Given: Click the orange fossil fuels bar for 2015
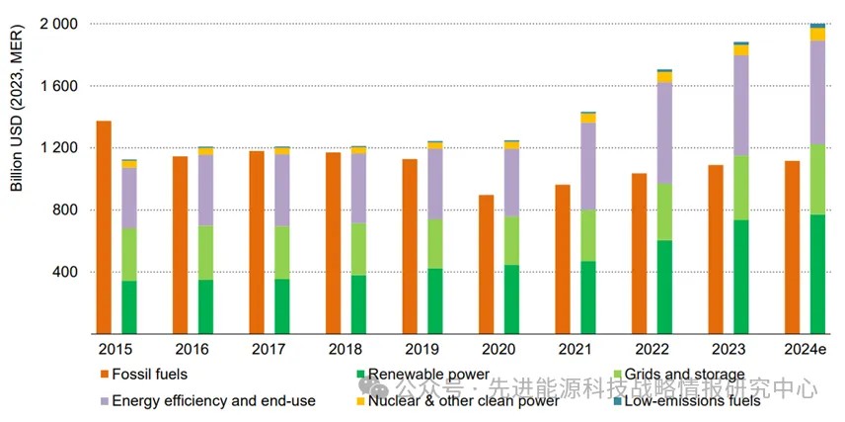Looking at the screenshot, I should pos(104,227).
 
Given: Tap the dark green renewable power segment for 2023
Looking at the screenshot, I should pos(740,277).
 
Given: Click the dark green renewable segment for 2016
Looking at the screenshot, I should pos(205,306).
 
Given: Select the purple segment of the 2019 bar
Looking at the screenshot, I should pos(434,184).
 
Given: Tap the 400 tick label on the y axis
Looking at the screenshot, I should pos(65,273).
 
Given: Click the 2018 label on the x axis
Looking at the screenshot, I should pos(346,348).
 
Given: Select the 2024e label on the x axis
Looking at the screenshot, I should pos(805,348).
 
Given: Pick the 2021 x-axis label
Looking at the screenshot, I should pos(576,348).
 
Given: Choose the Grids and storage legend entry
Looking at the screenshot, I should pos(681,375).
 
